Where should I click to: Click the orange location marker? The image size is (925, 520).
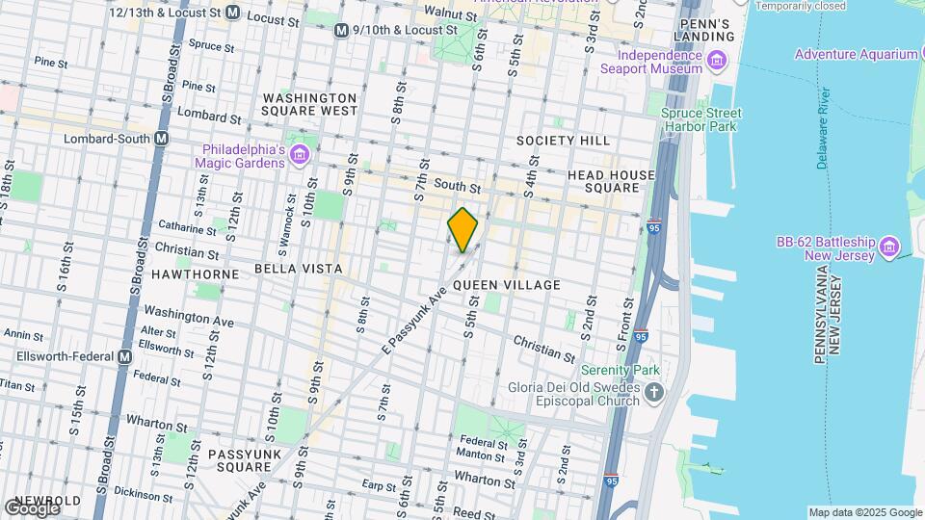click(462, 230)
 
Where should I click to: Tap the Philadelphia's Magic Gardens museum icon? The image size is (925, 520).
click(300, 154)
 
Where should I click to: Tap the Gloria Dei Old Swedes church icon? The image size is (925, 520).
click(654, 393)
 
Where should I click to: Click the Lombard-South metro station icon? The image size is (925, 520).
click(162, 138)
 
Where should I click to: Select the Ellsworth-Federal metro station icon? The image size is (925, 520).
click(124, 356)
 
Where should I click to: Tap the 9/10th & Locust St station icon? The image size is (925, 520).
click(341, 31)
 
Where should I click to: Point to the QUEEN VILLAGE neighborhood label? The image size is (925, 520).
click(506, 285)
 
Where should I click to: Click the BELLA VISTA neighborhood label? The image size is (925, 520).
click(298, 268)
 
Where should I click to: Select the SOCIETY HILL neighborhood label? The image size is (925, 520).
click(563, 141)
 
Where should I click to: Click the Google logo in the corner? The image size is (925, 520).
click(32, 507)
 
